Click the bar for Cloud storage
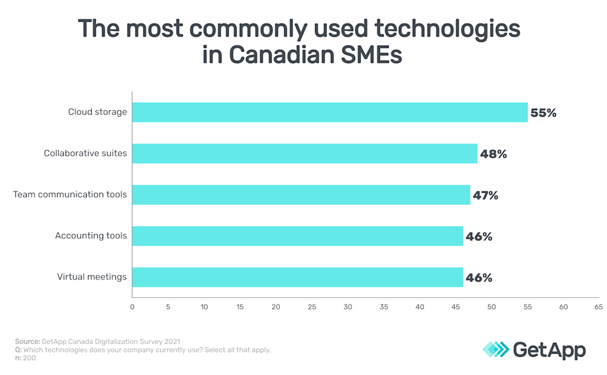pyautogui.click(x=330, y=112)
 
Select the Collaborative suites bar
pyautogui.click(x=305, y=154)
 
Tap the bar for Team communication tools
pyautogui.click(x=301, y=194)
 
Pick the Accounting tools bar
pyautogui.click(x=297, y=236)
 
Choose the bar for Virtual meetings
pyautogui.click(x=297, y=277)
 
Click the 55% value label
pyautogui.click(x=543, y=112)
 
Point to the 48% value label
pyautogui.click(x=493, y=154)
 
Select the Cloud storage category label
pyautogui.click(x=98, y=112)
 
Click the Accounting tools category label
pyautogui.click(x=91, y=236)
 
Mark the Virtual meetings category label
pyautogui.click(x=92, y=277)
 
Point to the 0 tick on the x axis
pyautogui.click(x=132, y=307)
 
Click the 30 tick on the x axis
pyautogui.click(x=348, y=307)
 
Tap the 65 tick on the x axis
pyautogui.click(x=599, y=307)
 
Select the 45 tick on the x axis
pyautogui.click(x=455, y=307)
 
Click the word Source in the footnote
pyautogui.click(x=27, y=342)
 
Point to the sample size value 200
pyautogui.click(x=29, y=358)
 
